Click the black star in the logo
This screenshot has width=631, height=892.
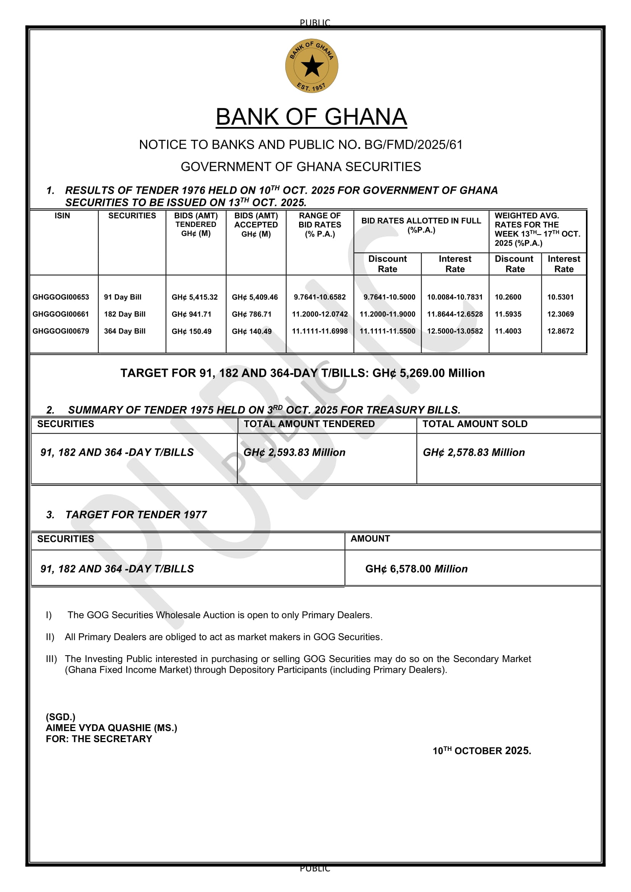tap(312, 66)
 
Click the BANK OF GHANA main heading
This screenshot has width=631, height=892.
tap(311, 117)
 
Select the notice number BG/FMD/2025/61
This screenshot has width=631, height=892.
tap(414, 145)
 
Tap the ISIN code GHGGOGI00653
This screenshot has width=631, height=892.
tap(61, 297)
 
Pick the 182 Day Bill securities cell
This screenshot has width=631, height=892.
tap(124, 314)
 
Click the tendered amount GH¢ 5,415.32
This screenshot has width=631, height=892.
tap(195, 297)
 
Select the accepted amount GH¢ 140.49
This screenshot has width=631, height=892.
tap(251, 331)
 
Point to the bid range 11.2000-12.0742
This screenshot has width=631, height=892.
tap(320, 314)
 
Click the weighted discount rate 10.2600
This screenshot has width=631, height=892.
tap(508, 297)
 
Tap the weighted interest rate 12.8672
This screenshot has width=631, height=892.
tap(560, 331)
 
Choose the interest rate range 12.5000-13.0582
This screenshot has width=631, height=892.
tap(455, 331)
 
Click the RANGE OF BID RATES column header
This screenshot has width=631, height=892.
tap(320, 225)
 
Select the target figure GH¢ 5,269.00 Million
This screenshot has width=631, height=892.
tap(428, 373)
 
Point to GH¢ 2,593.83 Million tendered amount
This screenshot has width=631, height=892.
tap(295, 453)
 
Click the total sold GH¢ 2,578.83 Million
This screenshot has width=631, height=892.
tap(474, 453)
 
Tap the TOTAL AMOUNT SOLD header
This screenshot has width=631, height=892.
tap(475, 424)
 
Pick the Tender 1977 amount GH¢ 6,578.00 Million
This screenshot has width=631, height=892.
tap(416, 569)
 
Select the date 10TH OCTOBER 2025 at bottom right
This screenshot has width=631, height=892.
tap(482, 751)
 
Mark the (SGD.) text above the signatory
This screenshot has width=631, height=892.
tap(61, 717)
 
